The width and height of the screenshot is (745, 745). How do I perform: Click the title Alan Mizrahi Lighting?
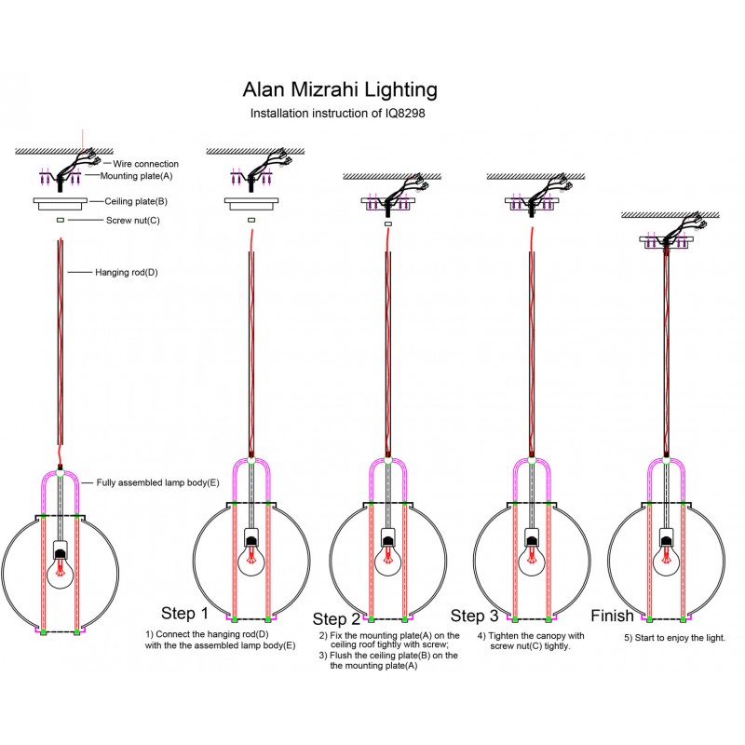(339, 90)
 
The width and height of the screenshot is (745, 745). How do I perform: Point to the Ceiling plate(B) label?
(136, 200)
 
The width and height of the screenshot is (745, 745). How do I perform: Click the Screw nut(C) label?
(127, 221)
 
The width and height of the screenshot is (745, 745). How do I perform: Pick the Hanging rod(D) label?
(127, 273)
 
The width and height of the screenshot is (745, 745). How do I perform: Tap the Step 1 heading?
(184, 613)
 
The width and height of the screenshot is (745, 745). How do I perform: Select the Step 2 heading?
(336, 619)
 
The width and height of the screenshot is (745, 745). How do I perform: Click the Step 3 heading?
(475, 616)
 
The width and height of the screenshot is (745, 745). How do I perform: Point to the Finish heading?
(612, 616)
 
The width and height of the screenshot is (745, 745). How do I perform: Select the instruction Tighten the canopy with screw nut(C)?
(530, 641)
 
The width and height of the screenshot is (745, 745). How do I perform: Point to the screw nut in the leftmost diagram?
(60, 220)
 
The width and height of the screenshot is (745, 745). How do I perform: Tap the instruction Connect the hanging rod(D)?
(220, 639)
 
